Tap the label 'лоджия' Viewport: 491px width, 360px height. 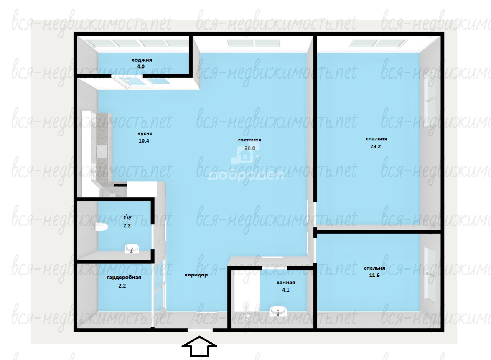pyautogui.click(x=142, y=60)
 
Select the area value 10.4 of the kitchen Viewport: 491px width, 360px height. pyautogui.click(x=144, y=141)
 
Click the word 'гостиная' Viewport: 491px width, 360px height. pyautogui.click(x=249, y=140)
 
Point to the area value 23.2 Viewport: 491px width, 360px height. pyautogui.click(x=376, y=146)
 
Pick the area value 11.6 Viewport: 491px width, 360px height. pyautogui.click(x=374, y=275)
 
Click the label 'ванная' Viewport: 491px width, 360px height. pyautogui.click(x=286, y=283)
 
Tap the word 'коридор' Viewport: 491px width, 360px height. pyautogui.click(x=196, y=275)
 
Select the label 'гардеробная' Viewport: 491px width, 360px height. pyautogui.click(x=124, y=278)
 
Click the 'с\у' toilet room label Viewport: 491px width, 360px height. pyautogui.click(x=127, y=217)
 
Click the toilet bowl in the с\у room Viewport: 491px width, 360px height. pyautogui.click(x=102, y=227)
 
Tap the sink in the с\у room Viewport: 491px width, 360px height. pyautogui.click(x=132, y=249)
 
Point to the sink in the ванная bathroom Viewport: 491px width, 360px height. pyautogui.click(x=278, y=311)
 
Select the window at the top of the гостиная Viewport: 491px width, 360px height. pyautogui.click(x=254, y=43)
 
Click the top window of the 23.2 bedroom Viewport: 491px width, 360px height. pyautogui.click(x=378, y=43)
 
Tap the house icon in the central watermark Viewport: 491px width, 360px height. pyautogui.click(x=245, y=155)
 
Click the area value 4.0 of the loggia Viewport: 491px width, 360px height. pyautogui.click(x=141, y=67)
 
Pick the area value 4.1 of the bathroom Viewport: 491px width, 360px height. pyautogui.click(x=286, y=290)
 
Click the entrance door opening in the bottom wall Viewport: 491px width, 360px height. pyautogui.click(x=200, y=330)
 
